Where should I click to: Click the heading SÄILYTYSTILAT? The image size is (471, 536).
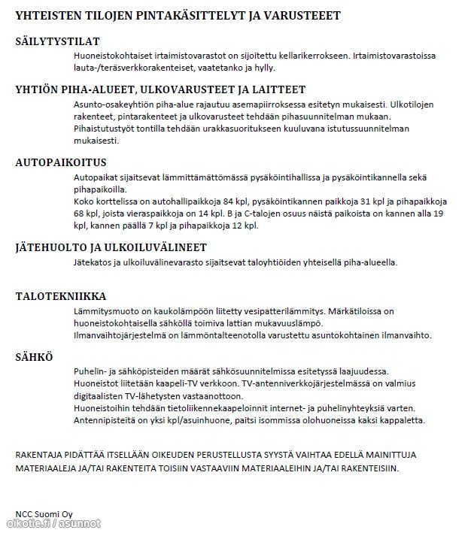tap(57, 41)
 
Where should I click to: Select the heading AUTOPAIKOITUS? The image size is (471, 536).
tap(61, 162)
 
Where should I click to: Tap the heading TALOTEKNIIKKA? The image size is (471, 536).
tap(61, 296)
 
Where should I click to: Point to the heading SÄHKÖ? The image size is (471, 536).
tap(34, 356)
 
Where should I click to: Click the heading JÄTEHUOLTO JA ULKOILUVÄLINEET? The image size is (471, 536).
tap(111, 247)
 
